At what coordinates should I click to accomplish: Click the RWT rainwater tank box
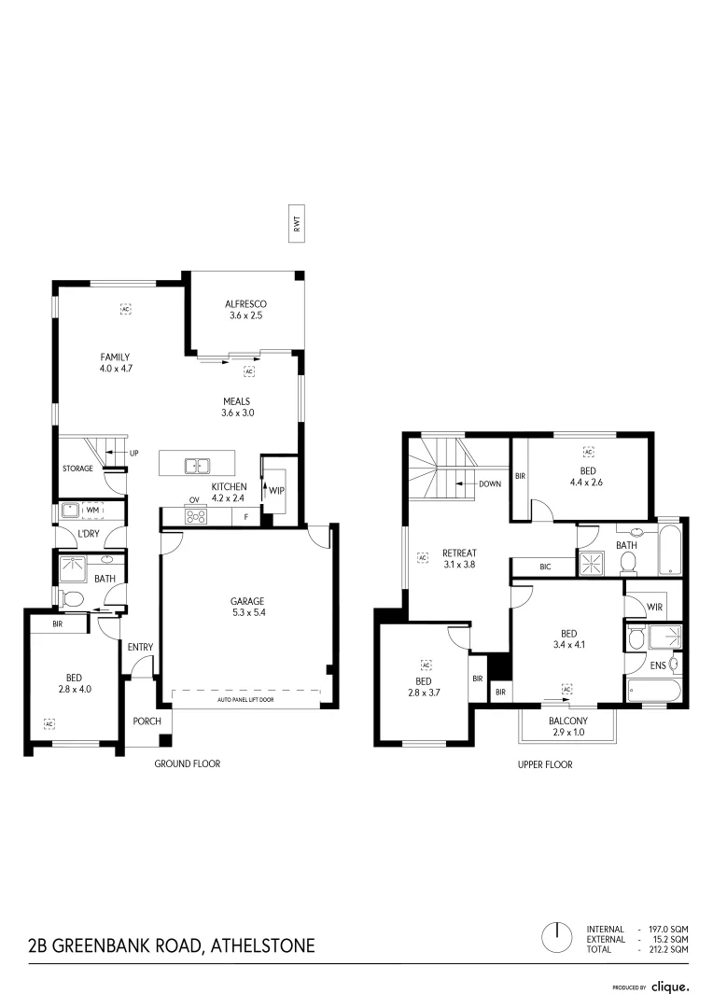tap(297, 224)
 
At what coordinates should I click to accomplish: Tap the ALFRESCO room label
tap(246, 310)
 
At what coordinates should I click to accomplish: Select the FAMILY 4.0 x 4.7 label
tap(116, 362)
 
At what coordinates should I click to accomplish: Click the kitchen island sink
tap(197, 465)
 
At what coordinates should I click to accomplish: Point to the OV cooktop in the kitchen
tap(196, 515)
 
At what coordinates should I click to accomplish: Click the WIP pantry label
tap(278, 488)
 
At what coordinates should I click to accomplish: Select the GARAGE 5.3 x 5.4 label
tap(248, 607)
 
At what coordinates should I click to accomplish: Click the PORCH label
tap(147, 721)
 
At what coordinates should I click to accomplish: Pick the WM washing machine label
tap(92, 510)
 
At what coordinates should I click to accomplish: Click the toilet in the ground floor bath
tap(70, 598)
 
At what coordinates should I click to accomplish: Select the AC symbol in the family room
tap(124, 307)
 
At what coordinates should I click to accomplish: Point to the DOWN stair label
tap(490, 484)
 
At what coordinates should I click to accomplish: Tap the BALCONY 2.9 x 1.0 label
tap(567, 726)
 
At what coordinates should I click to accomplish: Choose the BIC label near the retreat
tap(544, 566)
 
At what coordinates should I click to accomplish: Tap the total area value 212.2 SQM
tap(667, 949)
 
